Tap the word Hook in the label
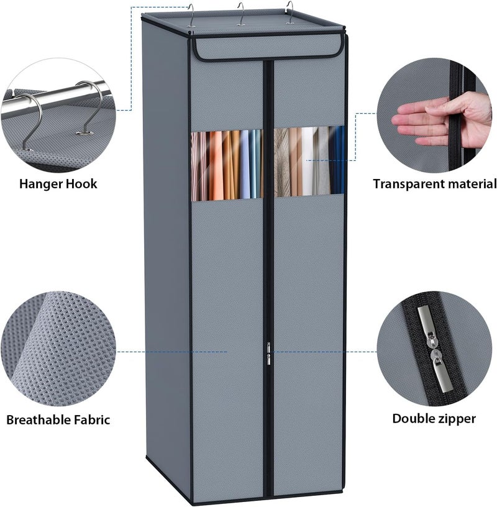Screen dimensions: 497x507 point(81,184)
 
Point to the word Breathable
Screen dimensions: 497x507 point(39,419)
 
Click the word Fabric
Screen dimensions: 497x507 point(92,419)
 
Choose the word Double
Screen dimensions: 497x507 point(412,418)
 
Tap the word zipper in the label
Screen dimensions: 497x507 point(455,419)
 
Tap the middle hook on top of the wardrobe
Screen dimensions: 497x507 point(240,14)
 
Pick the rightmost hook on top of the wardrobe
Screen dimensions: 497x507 point(290,12)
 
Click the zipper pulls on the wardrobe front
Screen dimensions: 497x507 point(268,354)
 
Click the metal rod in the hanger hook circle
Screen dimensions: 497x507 point(55,97)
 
